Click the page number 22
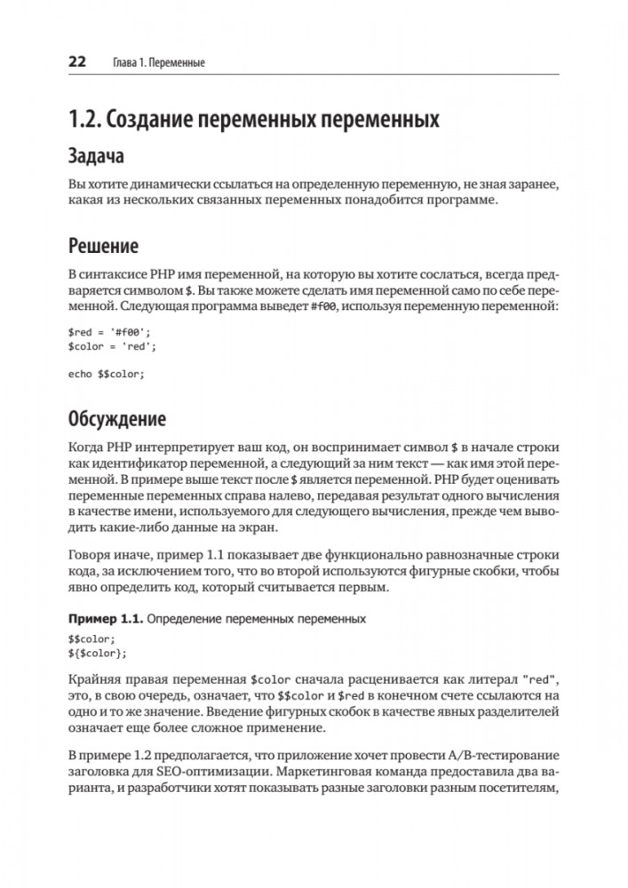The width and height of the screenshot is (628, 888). click(76, 62)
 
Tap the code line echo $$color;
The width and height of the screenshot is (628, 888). click(105, 374)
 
